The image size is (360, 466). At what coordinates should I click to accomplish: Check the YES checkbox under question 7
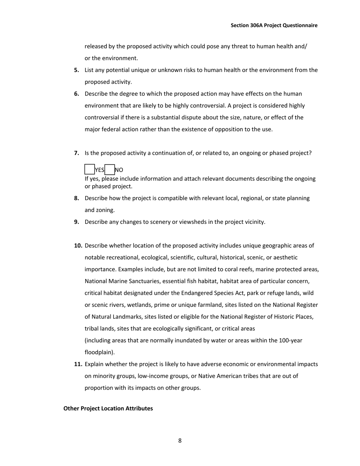point(89,169)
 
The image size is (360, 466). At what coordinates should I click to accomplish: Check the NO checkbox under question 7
point(110,169)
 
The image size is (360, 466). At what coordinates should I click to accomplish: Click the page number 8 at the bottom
point(180,440)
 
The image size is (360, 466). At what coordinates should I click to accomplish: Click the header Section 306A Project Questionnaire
point(274,25)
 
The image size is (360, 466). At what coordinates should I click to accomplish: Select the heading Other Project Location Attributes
point(108,408)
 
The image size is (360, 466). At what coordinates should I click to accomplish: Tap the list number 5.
point(77,70)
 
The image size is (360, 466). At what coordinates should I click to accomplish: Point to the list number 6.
point(77,94)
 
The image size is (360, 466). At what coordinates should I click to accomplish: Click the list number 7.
point(77,153)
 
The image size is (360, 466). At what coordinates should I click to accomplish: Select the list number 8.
point(77,198)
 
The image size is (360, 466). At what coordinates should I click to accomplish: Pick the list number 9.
point(77,222)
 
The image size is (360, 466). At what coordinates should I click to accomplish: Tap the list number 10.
point(78,246)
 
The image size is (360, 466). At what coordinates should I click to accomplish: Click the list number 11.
point(78,364)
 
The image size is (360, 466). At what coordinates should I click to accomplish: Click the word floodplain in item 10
point(99,352)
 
